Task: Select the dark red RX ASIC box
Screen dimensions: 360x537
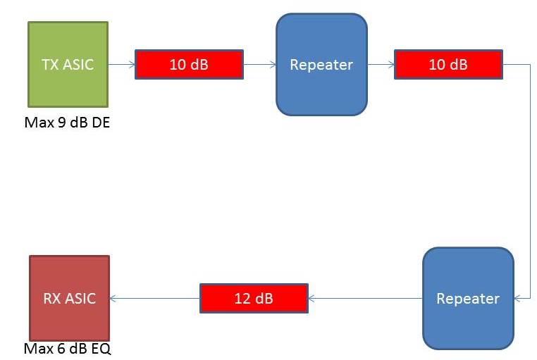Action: (x=69, y=298)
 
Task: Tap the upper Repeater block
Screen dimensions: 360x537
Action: (x=321, y=64)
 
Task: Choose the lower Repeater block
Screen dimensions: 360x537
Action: (x=468, y=298)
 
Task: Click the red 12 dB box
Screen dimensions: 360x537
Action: (x=254, y=298)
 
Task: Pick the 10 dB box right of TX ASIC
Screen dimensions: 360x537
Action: (x=189, y=64)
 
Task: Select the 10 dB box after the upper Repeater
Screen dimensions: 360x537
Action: (x=448, y=64)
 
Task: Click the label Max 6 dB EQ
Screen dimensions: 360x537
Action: (x=68, y=348)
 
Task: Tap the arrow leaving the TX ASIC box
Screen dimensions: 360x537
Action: (x=121, y=64)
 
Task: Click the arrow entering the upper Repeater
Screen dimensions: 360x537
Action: (x=260, y=64)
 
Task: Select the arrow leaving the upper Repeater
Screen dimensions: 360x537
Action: (x=381, y=64)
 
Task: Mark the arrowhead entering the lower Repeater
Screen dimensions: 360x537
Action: (x=517, y=298)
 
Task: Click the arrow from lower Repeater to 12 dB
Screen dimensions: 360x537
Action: (x=365, y=298)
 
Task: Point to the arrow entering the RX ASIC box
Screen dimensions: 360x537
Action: (x=155, y=298)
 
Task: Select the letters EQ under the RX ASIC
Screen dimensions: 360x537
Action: (x=101, y=348)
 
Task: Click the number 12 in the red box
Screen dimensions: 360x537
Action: (x=242, y=298)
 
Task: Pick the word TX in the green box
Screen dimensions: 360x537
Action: (x=50, y=65)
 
